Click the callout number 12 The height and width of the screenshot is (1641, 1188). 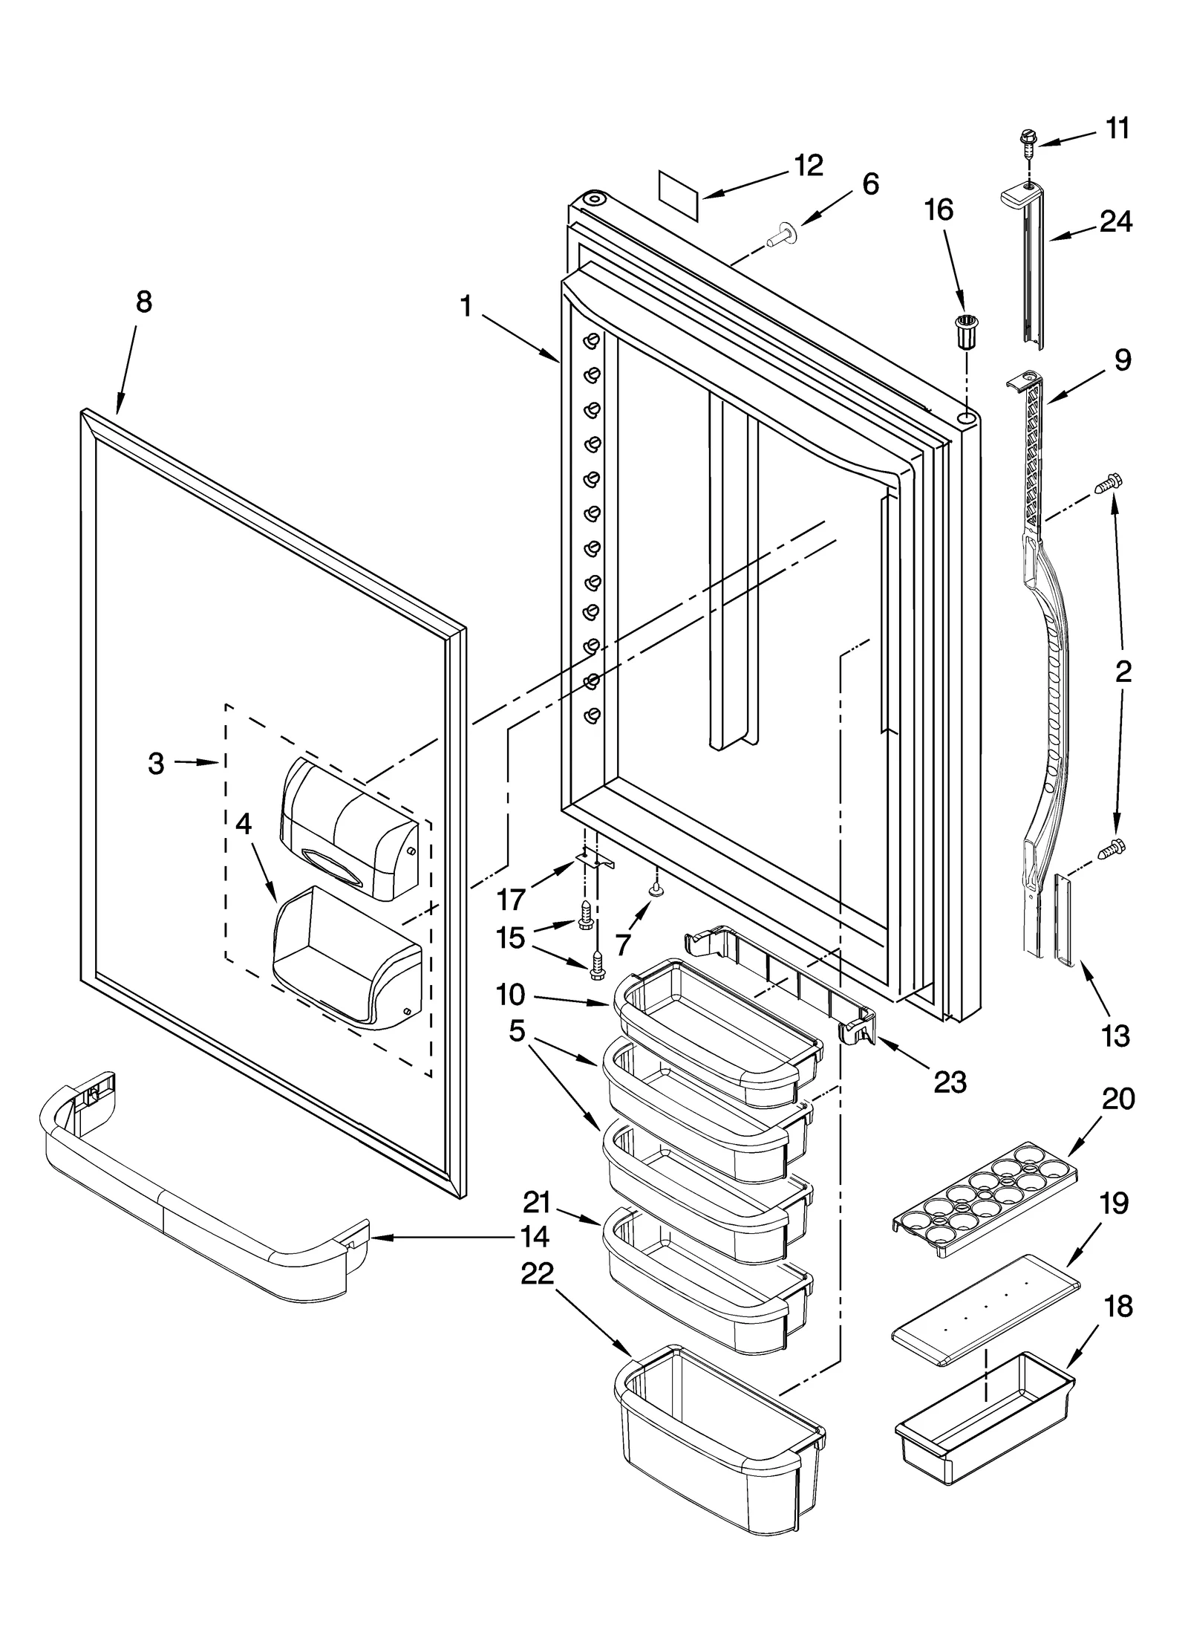coord(808,165)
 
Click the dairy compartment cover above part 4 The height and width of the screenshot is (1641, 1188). coord(347,828)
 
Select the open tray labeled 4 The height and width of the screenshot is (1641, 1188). coord(345,957)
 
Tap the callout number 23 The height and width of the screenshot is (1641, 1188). coord(950,1082)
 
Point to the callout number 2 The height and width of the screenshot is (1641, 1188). coord(1123,672)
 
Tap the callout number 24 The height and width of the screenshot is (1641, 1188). coord(1116,221)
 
